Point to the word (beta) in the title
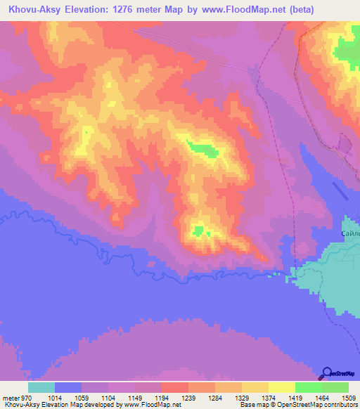pos(295,9)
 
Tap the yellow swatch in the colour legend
pos(282,387)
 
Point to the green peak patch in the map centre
pos(202,148)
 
